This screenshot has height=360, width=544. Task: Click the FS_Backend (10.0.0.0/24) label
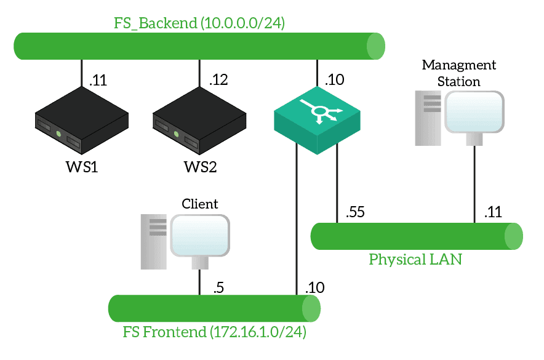point(199,23)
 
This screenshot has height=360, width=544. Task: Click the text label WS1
point(81,167)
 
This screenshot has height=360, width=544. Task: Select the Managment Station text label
point(458,73)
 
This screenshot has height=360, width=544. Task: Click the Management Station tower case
point(428,118)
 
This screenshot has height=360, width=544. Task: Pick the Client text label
point(200,203)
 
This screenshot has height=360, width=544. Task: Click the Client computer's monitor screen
point(200,236)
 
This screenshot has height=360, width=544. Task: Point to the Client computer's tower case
point(154,241)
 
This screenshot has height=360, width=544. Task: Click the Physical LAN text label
point(415,259)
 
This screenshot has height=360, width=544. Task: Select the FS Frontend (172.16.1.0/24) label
point(214,333)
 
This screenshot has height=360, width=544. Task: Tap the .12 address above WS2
point(218,79)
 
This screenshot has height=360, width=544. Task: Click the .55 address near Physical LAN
point(356,213)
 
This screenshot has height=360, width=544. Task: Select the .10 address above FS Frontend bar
point(314,287)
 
